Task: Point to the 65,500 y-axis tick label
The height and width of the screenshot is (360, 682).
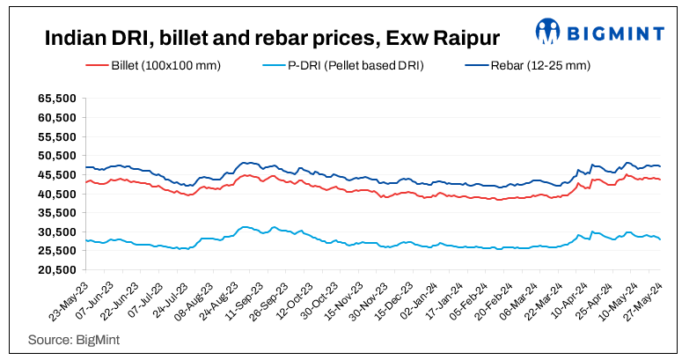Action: coord(55,99)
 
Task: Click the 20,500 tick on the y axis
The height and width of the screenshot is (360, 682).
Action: coord(55,269)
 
